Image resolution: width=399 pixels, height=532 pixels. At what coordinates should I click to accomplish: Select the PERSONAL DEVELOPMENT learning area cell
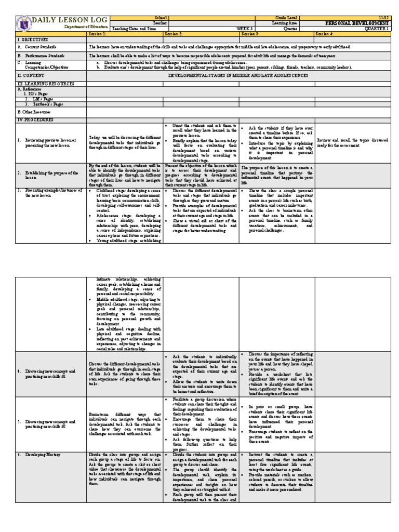356,23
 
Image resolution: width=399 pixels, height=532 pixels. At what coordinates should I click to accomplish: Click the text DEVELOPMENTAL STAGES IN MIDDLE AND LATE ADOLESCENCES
238,75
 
